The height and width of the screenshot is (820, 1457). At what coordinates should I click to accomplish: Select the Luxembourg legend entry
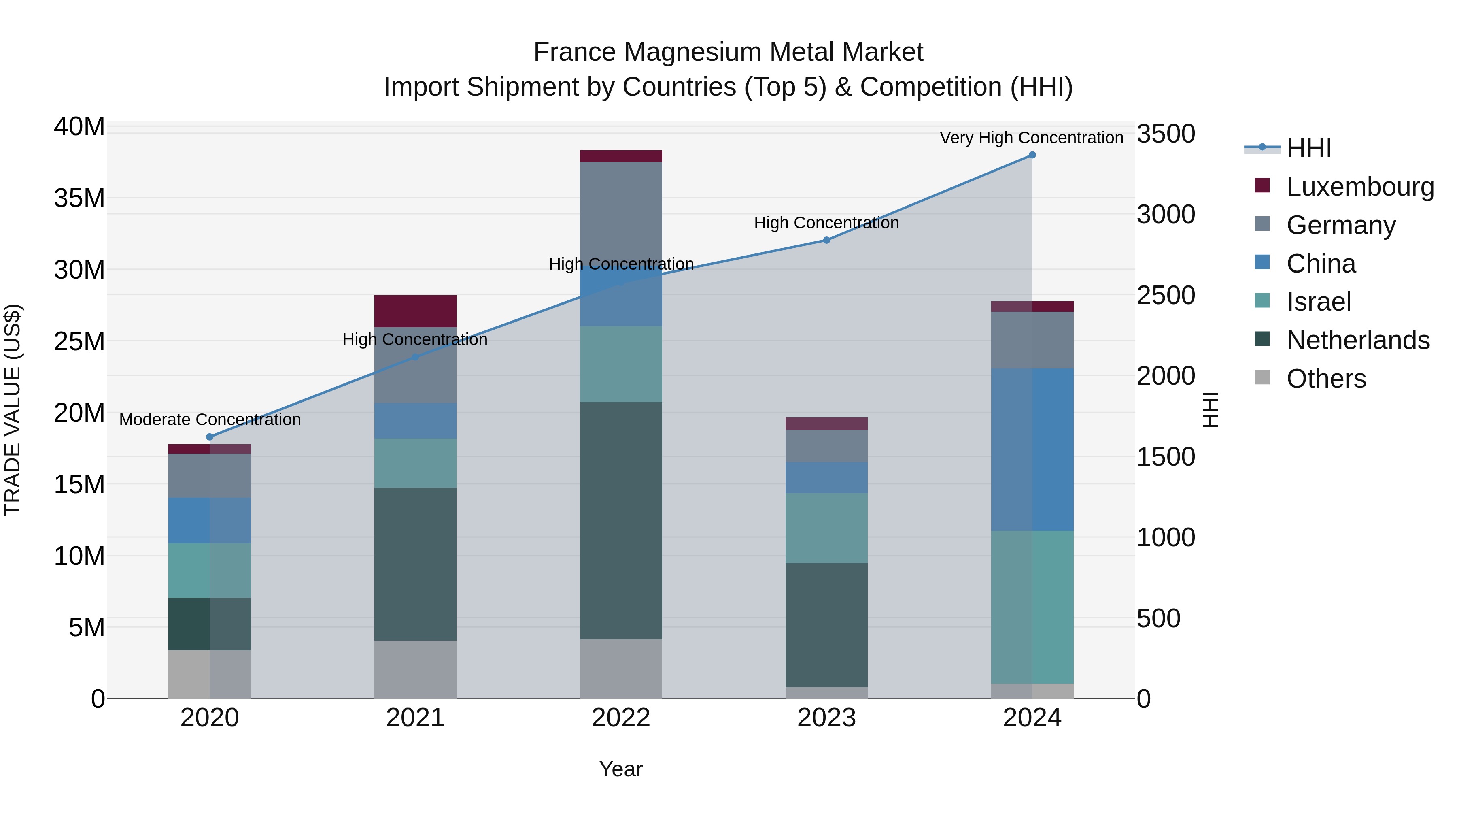coord(1360,187)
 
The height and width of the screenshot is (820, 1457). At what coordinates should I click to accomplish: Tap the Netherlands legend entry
coord(1357,340)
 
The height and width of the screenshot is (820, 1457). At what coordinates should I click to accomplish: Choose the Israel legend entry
coord(1319,302)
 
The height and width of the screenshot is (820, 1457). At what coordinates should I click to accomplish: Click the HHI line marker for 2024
coord(1032,155)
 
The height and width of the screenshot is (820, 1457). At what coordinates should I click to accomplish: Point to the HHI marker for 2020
coord(210,437)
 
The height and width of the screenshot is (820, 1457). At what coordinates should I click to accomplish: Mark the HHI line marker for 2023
coord(826,240)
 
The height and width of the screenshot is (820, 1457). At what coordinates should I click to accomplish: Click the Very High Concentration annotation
coord(1031,138)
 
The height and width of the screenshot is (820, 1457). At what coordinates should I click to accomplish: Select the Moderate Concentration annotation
coord(210,420)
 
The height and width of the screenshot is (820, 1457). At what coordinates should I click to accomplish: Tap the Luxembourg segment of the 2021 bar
coord(415,311)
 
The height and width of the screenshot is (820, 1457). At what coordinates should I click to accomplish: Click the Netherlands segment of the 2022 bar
coord(620,521)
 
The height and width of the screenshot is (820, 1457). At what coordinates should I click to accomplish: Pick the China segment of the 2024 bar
coord(1032,450)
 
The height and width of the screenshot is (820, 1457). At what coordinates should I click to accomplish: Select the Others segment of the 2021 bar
coord(415,669)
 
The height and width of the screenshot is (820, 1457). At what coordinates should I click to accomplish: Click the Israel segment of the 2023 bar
coord(826,528)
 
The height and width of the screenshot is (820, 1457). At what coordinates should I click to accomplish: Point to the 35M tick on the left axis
coord(79,199)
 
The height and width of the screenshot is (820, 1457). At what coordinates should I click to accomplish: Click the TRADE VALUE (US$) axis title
coord(13,410)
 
